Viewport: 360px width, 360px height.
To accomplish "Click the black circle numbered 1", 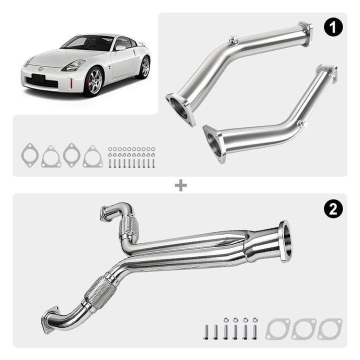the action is pos(333,27).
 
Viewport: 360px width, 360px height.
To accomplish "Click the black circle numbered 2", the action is pos(333,209).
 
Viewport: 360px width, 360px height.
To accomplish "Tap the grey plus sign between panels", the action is pos(180,185).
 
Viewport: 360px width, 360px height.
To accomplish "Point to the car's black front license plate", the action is pos(38,78).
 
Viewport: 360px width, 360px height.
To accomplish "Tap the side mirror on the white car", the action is pos(120,48).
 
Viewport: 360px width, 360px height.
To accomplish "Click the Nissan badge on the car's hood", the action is pos(40,68).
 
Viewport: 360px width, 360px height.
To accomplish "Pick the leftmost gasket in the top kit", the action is pos(30,155).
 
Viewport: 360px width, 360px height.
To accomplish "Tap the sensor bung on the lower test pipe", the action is pos(302,124).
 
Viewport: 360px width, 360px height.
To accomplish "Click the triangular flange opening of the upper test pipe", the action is pos(180,109).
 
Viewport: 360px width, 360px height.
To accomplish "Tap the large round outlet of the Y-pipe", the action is pos(285,241).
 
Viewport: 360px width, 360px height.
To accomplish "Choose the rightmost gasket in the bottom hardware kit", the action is pos(330,329).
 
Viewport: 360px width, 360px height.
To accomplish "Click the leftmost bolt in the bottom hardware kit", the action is pos(206,332).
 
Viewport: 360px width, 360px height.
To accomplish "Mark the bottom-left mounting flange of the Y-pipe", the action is pos(49,319).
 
